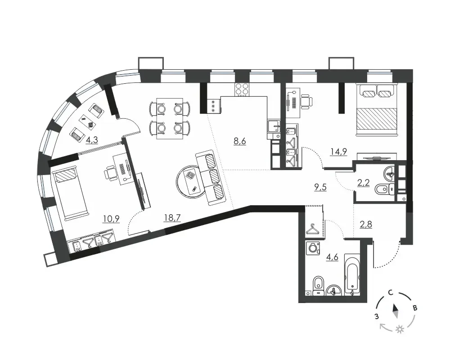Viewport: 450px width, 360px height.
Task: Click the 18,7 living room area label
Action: pyautogui.click(x=172, y=218)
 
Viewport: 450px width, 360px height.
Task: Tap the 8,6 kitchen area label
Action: pyautogui.click(x=240, y=141)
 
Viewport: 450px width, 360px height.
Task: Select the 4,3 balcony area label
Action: pyautogui.click(x=92, y=140)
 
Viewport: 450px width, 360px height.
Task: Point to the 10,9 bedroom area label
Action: pyautogui.click(x=111, y=219)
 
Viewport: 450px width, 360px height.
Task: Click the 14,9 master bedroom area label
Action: pyautogui.click(x=339, y=151)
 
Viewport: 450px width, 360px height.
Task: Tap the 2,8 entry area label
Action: pyautogui.click(x=366, y=224)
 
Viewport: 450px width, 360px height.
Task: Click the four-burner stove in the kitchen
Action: pyautogui.click(x=242, y=89)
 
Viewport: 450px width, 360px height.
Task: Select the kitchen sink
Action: pyautogui.click(x=274, y=126)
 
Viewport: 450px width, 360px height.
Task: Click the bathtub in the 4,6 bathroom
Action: pyautogui.click(x=352, y=274)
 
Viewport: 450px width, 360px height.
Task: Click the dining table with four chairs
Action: pyautogui.click(x=170, y=118)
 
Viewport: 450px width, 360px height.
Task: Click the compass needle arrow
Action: pyautogui.click(x=396, y=311)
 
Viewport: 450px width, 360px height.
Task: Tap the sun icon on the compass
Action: pyautogui.click(x=399, y=329)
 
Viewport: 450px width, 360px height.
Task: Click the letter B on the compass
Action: pyautogui.click(x=415, y=309)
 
